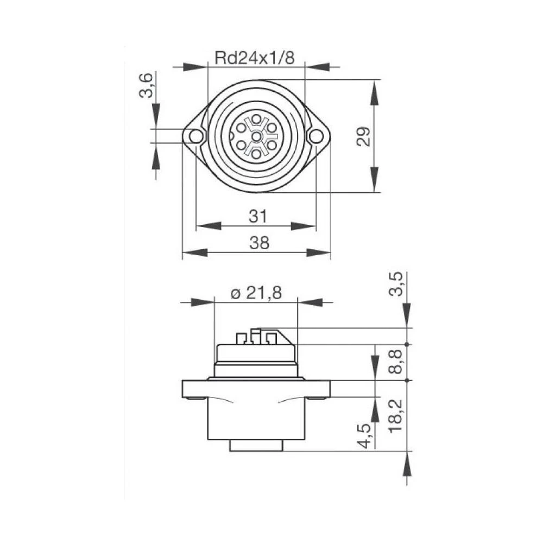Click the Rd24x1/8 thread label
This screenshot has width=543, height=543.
click(255, 58)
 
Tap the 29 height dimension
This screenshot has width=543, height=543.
click(365, 136)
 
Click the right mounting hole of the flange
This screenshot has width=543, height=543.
click(315, 136)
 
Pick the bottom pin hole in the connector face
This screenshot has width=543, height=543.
click(255, 153)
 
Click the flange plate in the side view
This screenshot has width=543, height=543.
click(256, 389)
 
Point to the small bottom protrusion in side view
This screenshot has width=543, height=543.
click(256, 445)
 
